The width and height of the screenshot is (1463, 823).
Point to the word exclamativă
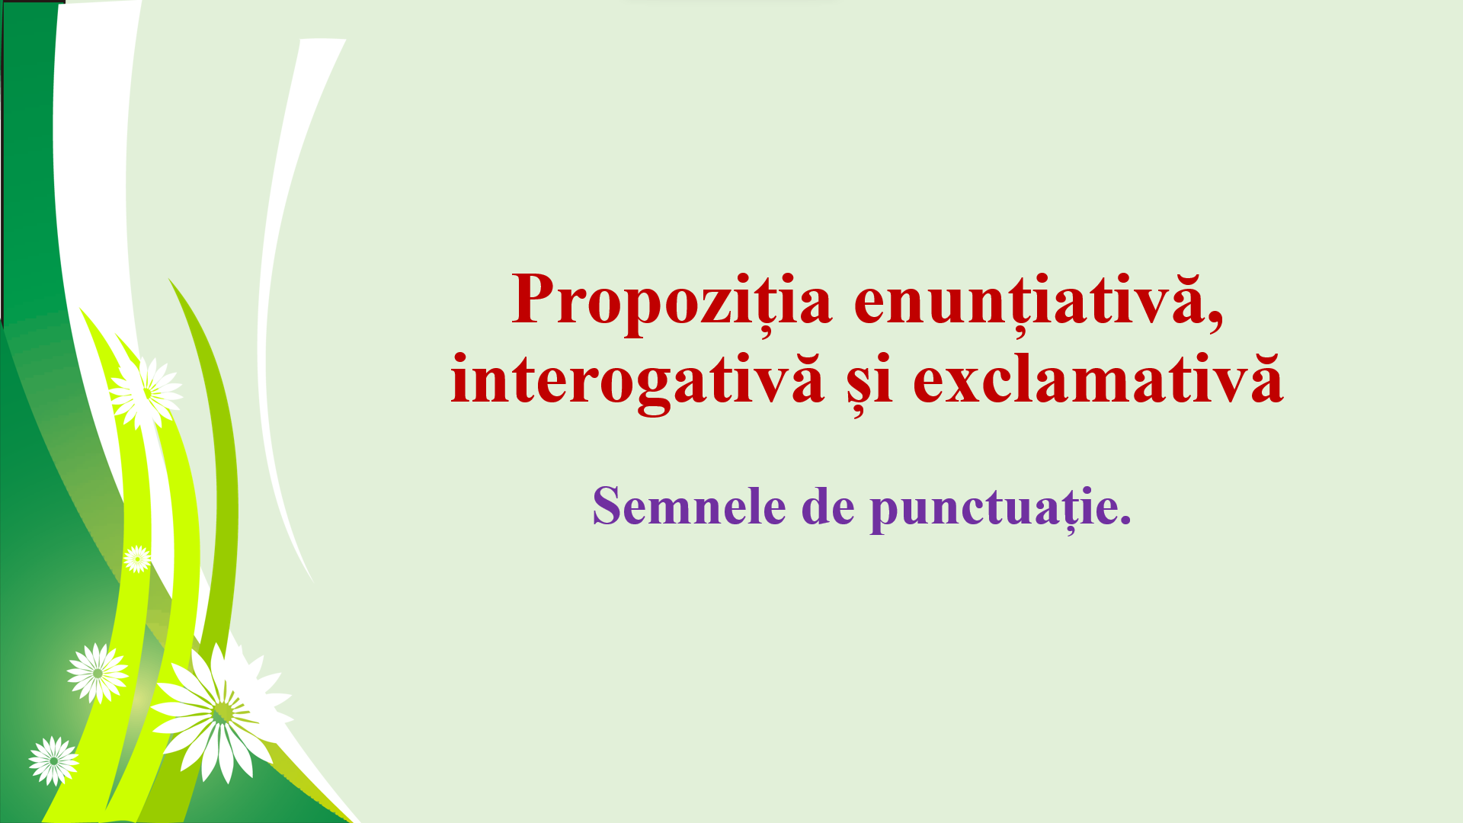tap(1098, 379)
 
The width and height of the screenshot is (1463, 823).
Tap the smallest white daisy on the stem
tap(137, 559)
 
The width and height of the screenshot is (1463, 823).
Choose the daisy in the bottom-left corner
tap(53, 761)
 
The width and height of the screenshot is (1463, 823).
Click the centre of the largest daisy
tap(222, 713)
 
